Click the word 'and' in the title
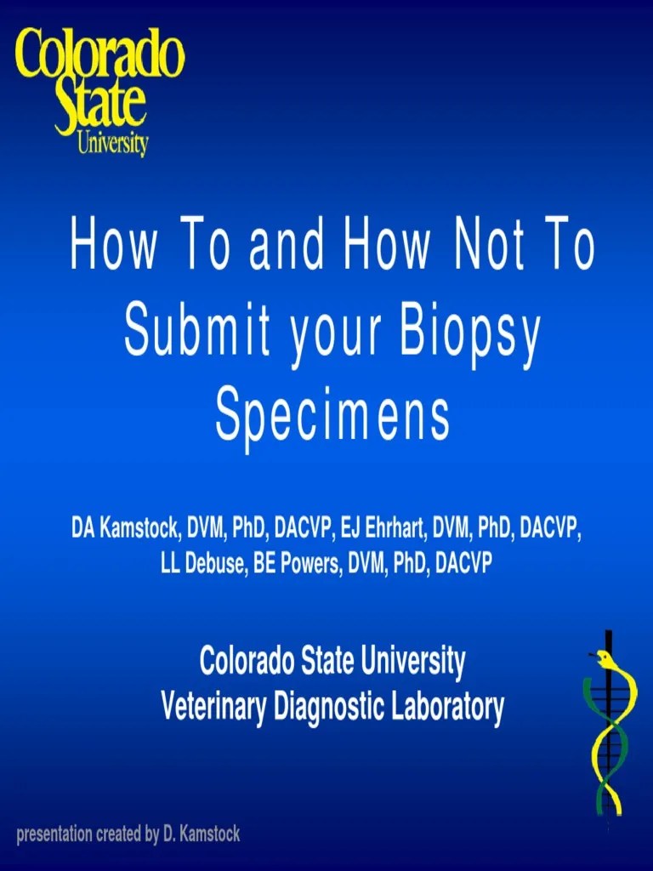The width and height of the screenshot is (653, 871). coord(287,247)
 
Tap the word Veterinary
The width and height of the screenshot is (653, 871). coord(213,706)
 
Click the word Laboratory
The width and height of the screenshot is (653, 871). coord(449,706)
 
